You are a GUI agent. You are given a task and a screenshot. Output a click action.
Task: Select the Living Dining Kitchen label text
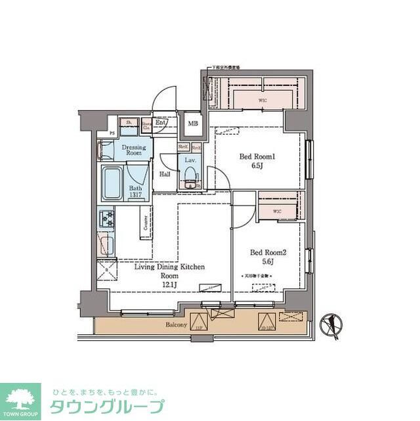tap(170, 267)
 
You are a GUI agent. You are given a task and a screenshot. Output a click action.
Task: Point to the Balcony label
tap(177, 325)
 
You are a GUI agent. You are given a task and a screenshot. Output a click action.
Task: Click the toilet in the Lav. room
tap(191, 176)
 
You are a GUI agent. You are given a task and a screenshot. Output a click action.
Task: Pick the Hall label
tap(165, 174)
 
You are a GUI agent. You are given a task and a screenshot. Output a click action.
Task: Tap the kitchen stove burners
tap(106, 217)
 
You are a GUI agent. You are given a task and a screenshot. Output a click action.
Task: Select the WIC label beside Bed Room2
tap(277, 211)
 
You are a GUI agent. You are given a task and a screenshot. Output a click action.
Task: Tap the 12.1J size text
tap(170, 286)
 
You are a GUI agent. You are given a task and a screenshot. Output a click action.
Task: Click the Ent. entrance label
tap(161, 123)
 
